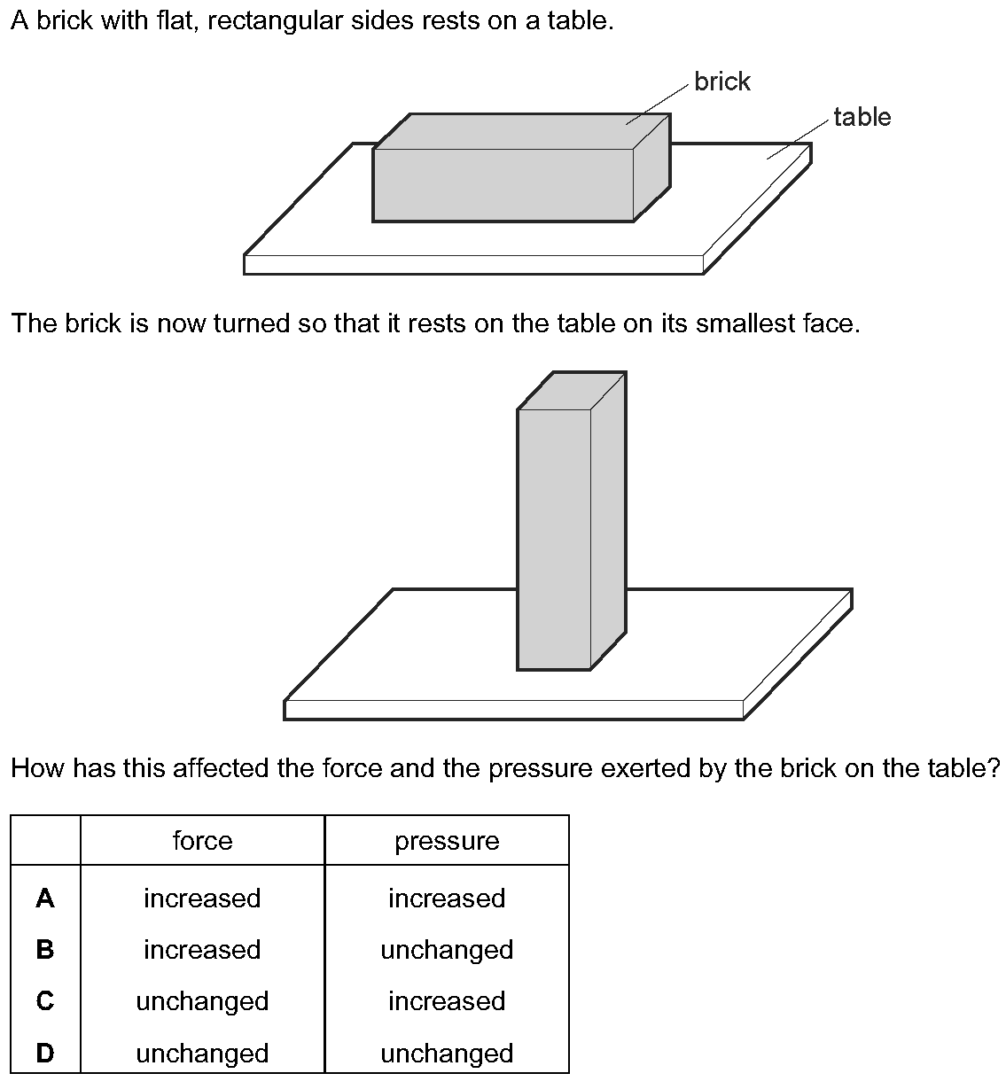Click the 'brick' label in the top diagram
[721, 82]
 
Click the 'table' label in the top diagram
[862, 117]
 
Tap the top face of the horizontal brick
[521, 132]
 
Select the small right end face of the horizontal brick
[651, 167]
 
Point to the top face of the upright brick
[572, 391]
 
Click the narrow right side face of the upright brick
[608, 521]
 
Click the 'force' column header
[202, 841]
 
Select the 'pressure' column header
[447, 842]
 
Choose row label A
[45, 898]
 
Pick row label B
[45, 950]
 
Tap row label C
[45, 1001]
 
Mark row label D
[45, 1054]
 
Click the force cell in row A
[202, 898]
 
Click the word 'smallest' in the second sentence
[745, 323]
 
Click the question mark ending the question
[994, 767]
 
